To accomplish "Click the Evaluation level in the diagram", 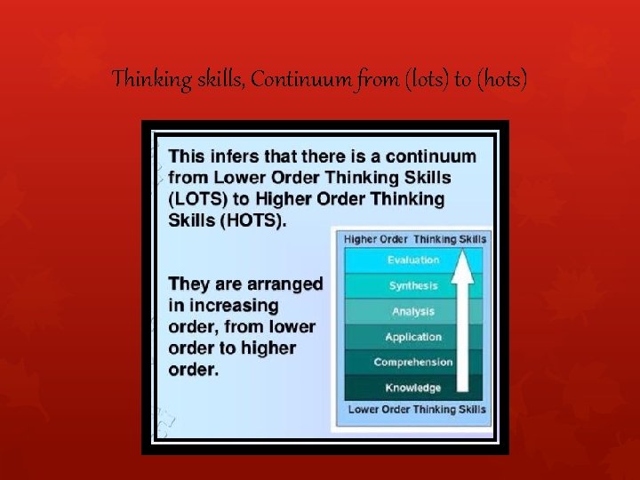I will (412, 260).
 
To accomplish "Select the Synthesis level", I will (412, 286).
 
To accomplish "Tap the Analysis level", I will (412, 312).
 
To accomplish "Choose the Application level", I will (412, 337).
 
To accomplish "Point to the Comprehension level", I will (412, 363).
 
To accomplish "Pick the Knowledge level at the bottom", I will (412, 388).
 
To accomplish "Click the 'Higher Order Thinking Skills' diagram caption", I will (415, 238).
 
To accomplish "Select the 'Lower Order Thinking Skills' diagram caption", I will (416, 409).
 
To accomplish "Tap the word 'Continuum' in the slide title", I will (291, 81).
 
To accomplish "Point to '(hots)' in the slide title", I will (502, 81).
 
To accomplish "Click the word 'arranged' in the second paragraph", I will (283, 284).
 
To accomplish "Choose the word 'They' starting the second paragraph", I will (188, 284).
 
